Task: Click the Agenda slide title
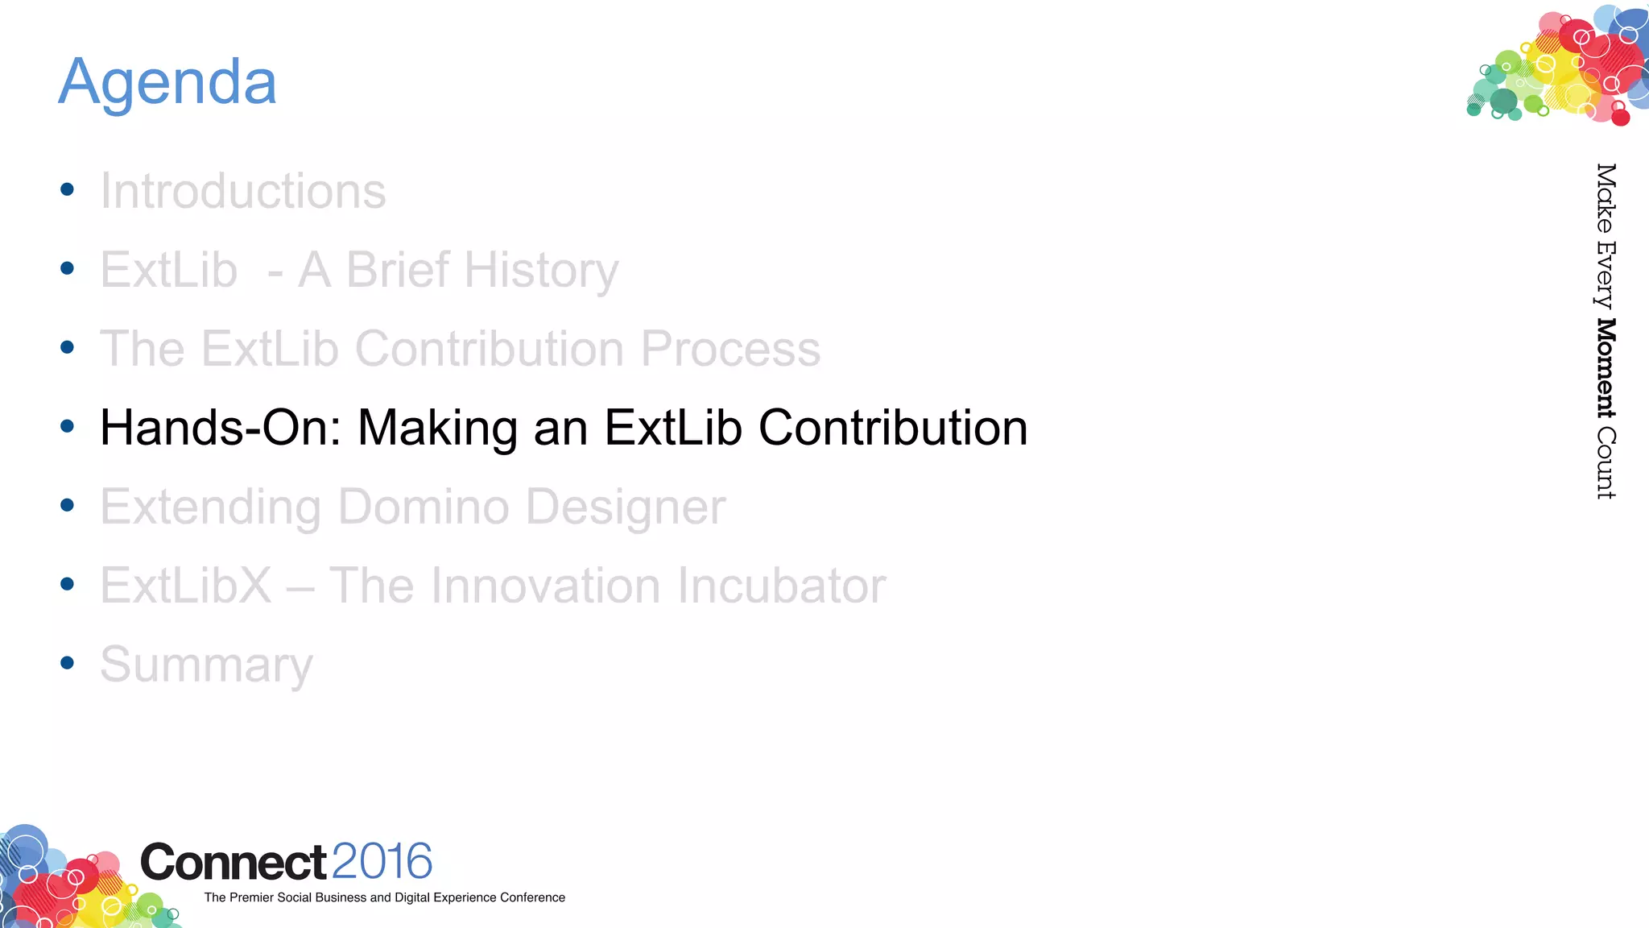coord(167,83)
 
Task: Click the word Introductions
coord(242,191)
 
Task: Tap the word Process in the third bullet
coord(730,349)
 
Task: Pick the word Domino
coord(424,507)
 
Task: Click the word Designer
coord(626,507)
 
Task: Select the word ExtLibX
coord(186,586)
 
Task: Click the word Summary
coord(206,665)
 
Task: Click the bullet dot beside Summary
coord(68,663)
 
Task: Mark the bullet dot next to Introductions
coord(68,189)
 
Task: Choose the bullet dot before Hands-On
coord(68,426)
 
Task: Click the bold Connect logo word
coord(234,863)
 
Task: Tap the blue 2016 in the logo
coord(382,861)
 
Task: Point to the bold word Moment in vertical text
coord(1606,369)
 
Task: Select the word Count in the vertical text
coord(1606,463)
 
